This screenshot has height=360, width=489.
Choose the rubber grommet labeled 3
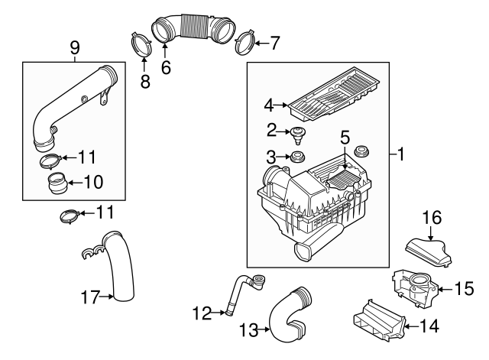pyautogui.click(x=295, y=158)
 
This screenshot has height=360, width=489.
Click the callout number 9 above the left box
pyautogui.click(x=74, y=48)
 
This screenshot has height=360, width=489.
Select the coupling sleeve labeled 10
pyautogui.click(x=56, y=184)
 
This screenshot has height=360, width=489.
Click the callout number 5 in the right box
pyautogui.click(x=345, y=138)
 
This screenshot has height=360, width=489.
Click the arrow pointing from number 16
pyautogui.click(x=432, y=232)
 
